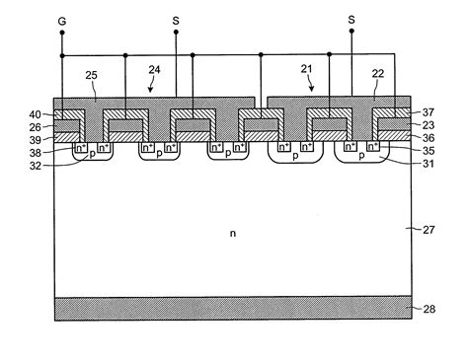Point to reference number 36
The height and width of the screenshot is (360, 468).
[429, 138]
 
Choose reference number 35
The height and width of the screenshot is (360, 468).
[429, 152]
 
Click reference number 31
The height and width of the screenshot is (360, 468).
[429, 166]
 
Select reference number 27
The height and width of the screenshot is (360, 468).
[429, 230]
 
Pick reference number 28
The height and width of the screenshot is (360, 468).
[429, 309]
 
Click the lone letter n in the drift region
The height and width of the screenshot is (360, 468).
[233, 233]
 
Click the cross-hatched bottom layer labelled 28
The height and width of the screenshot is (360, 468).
[233, 308]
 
